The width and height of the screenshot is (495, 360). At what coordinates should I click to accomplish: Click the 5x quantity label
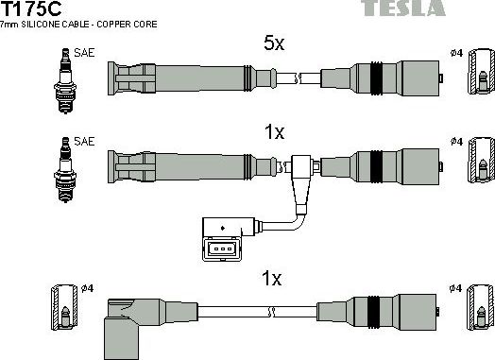coord(275,43)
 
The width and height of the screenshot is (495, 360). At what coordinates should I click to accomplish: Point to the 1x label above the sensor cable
coord(274,133)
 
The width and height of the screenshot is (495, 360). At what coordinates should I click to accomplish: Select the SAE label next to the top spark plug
coord(85,54)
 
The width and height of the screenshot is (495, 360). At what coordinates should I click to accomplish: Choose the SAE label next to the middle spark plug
coord(85,142)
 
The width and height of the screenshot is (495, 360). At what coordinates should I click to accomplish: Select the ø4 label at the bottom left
coord(86,287)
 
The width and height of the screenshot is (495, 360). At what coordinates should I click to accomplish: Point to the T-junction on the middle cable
coord(304,168)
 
